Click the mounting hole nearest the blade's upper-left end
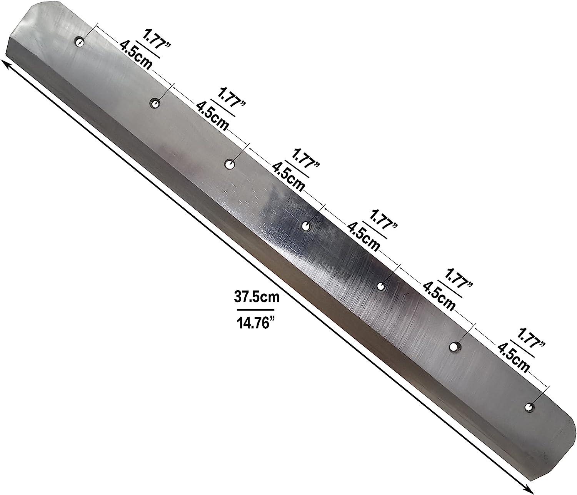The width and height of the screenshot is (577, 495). (80, 42)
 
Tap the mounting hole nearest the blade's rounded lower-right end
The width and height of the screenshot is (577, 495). (529, 407)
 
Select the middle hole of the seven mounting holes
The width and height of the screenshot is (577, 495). (306, 226)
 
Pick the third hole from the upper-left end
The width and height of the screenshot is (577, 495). (230, 164)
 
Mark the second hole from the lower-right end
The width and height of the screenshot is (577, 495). (455, 347)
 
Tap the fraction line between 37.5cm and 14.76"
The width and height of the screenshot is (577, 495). (256, 310)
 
